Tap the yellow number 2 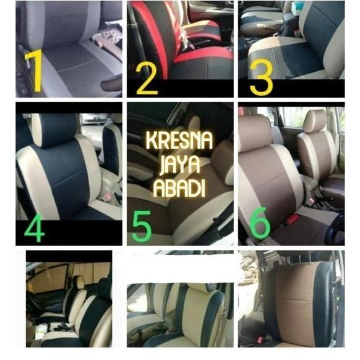coord(147,78)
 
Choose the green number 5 coord(142,227)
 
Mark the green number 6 coord(260,226)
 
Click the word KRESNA coord(179,140)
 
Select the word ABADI coord(179,188)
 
